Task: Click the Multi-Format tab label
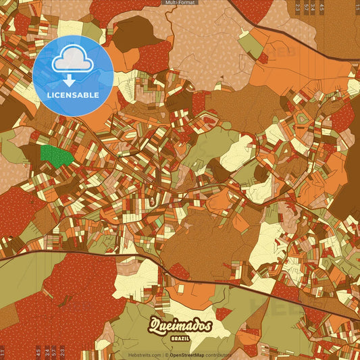click(180, 3)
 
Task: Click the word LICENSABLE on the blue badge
click(73, 95)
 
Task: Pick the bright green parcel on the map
click(56, 157)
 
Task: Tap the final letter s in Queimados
click(208, 327)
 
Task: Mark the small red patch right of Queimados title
click(223, 313)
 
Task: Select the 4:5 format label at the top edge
click(322, 8)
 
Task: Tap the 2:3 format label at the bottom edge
click(62, 351)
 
